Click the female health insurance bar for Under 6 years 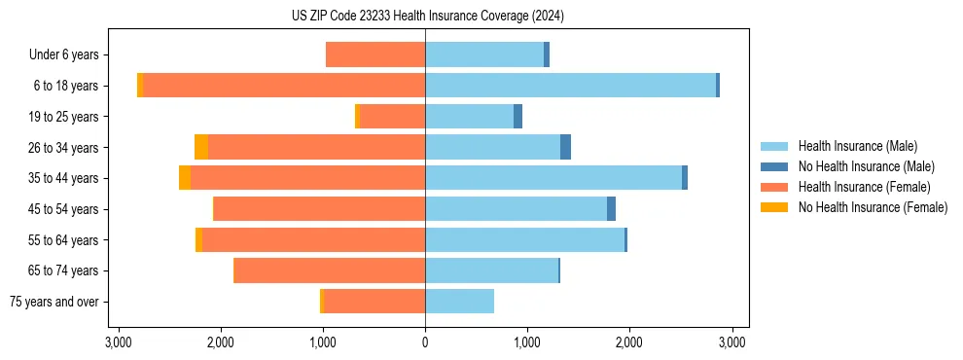375,54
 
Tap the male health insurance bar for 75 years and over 459,302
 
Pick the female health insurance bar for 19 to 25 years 392,117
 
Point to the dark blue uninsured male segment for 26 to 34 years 565,147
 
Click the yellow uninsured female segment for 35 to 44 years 185,178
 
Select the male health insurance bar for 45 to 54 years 516,209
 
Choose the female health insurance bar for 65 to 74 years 330,270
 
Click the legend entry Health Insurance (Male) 857,146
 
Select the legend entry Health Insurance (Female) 864,187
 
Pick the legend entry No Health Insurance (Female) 873,207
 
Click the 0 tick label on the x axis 425,342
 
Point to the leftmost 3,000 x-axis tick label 118,342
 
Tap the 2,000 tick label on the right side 629,342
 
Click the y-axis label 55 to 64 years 63,240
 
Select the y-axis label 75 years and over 55,302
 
